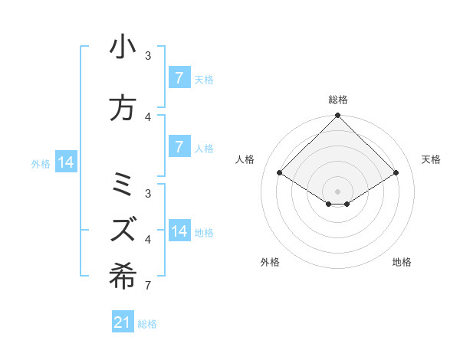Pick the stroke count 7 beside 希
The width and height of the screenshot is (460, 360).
[147, 286]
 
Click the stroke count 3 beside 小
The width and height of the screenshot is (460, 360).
[148, 56]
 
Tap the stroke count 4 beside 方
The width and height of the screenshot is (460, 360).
[148, 117]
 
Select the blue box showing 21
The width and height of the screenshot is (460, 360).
[123, 322]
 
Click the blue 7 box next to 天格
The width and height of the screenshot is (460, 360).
[179, 78]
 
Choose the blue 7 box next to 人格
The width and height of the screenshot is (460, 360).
[179, 147]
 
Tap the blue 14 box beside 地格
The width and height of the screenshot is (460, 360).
[179, 231]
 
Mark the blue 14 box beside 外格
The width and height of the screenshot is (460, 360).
[65, 162]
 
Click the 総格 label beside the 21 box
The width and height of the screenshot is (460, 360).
[147, 324]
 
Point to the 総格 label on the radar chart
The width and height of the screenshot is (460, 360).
[337, 100]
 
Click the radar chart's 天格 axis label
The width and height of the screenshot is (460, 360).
[431, 159]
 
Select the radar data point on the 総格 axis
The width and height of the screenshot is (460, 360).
[337, 116]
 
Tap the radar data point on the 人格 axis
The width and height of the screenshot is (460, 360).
[280, 173]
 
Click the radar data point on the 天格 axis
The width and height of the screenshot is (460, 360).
[396, 173]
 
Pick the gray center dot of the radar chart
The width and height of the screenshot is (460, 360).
[337, 191]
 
